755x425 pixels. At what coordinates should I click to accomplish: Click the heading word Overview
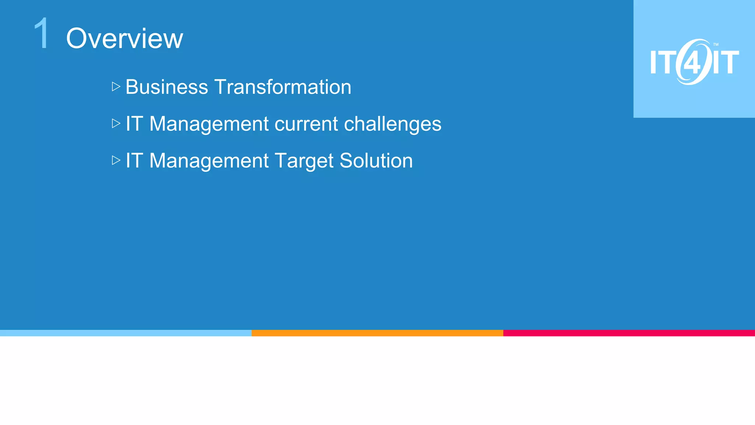[124, 38]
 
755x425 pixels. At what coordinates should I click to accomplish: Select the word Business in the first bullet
[167, 87]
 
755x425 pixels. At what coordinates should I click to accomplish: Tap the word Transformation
[283, 87]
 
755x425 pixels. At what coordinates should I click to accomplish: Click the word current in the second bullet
[306, 124]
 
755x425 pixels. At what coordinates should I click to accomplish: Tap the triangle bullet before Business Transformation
[116, 87]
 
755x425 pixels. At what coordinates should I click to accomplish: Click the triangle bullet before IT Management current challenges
[116, 124]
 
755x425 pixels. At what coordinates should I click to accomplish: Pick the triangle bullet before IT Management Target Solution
[116, 160]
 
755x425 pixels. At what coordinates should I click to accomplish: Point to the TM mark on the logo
[716, 45]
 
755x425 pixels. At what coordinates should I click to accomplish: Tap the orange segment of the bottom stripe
[377, 333]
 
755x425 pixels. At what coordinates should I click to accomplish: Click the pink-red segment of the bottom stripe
[629, 333]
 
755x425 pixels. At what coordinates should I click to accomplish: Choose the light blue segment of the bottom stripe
[126, 333]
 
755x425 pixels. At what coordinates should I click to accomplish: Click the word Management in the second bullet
[209, 124]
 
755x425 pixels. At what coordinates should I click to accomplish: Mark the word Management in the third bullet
[209, 161]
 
